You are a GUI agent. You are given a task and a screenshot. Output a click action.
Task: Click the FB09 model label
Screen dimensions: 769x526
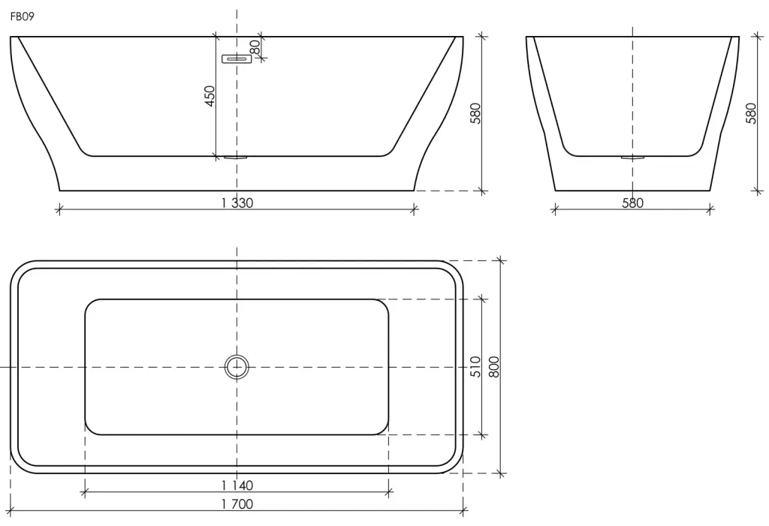tap(22, 17)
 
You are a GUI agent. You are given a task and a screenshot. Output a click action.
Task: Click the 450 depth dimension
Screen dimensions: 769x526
tap(210, 96)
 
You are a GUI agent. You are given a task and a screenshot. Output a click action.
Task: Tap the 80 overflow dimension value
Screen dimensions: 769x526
tap(255, 47)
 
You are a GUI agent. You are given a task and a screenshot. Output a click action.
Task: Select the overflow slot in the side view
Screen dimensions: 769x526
tap(237, 59)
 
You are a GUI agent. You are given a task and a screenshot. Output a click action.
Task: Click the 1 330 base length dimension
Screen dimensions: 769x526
tap(237, 203)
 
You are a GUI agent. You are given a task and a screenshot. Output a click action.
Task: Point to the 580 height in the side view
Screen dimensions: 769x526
tap(475, 113)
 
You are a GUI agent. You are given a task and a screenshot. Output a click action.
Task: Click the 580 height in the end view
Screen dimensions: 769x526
tap(751, 113)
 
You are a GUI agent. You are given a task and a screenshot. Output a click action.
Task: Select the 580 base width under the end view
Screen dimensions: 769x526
tap(632, 203)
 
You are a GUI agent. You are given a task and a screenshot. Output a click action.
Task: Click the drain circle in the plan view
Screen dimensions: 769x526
tap(237, 367)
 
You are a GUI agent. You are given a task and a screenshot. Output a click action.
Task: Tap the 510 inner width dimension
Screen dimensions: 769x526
tap(475, 367)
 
